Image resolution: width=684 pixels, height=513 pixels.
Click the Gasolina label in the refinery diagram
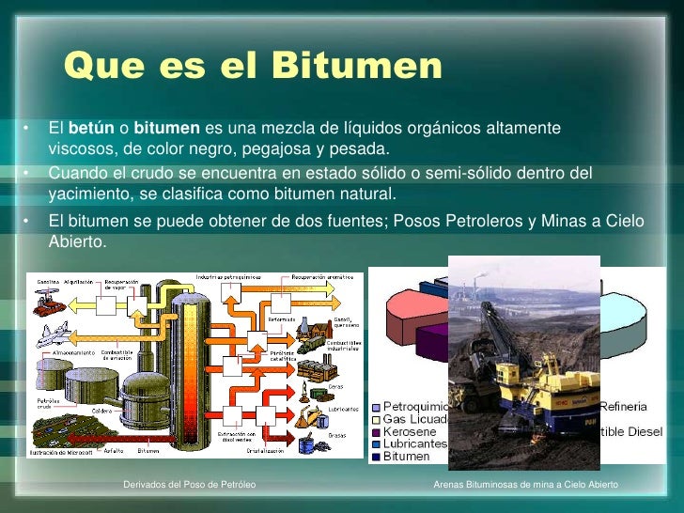[x=50, y=282]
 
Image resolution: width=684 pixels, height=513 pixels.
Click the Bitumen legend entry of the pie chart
[x=406, y=457]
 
